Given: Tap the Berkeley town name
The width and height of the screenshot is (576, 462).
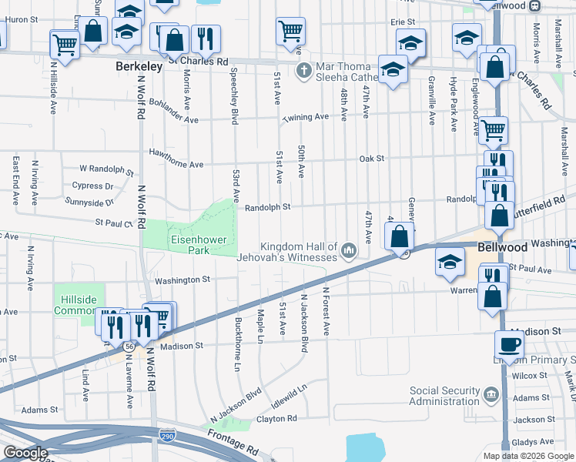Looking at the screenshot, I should (139, 67).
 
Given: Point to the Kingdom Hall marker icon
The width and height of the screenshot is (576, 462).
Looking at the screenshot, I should (349, 250).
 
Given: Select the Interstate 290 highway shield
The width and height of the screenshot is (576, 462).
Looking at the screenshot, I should (167, 437).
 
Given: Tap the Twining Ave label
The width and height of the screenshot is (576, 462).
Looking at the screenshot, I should (305, 117).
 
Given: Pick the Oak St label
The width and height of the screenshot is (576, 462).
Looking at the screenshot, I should (371, 159).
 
